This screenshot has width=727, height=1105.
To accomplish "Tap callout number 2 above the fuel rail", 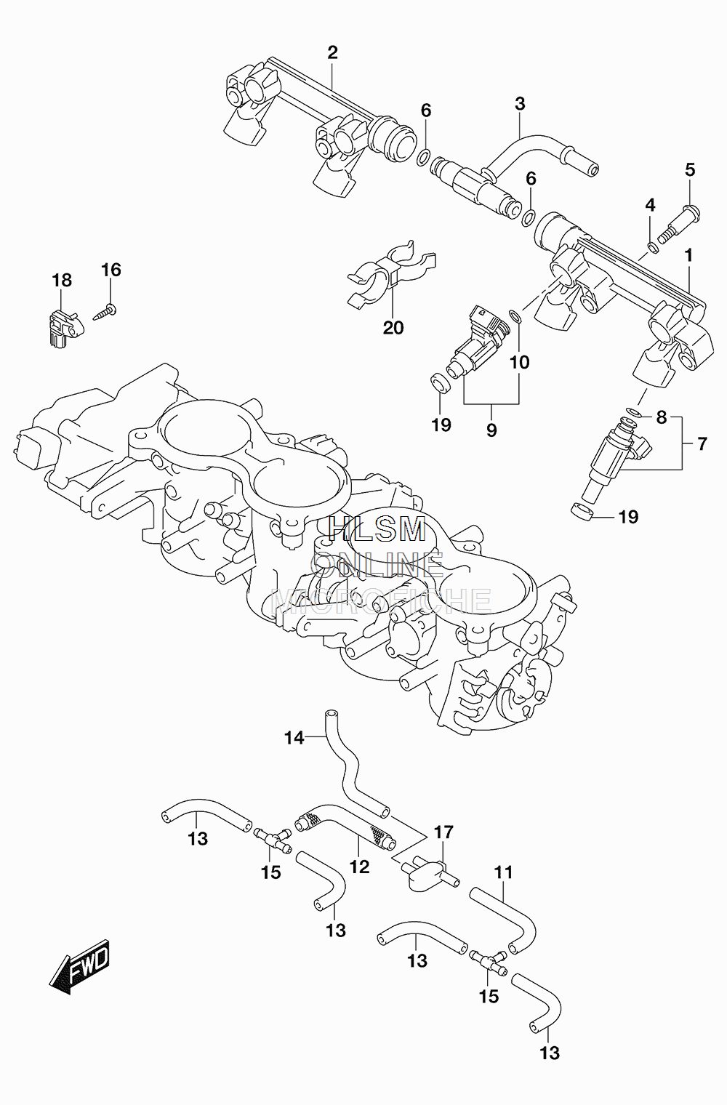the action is click(x=332, y=52).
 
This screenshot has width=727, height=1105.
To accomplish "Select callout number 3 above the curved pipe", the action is click(x=520, y=104).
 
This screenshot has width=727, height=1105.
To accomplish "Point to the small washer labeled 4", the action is click(x=652, y=246).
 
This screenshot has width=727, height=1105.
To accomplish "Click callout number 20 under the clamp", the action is click(x=393, y=328).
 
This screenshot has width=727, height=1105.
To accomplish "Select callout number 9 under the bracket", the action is click(x=491, y=430).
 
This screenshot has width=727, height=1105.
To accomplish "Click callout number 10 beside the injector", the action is click(x=519, y=363).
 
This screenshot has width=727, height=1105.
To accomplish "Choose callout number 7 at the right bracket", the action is click(x=702, y=443).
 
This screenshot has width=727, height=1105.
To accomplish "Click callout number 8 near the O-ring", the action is click(x=662, y=418).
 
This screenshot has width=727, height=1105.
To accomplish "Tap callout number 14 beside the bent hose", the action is click(x=294, y=752).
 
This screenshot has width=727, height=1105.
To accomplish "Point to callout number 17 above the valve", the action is click(x=443, y=832).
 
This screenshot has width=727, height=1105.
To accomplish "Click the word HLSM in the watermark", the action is click(x=377, y=529).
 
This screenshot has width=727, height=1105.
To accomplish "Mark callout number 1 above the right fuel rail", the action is click(x=688, y=256).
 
